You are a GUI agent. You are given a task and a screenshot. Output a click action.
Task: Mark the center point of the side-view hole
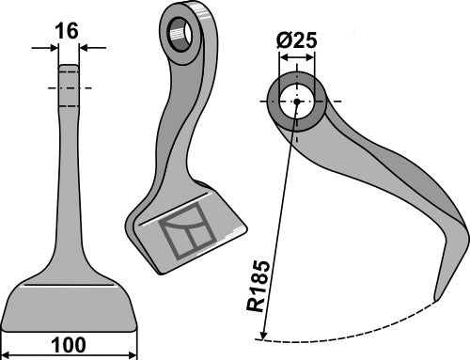(296, 102)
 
